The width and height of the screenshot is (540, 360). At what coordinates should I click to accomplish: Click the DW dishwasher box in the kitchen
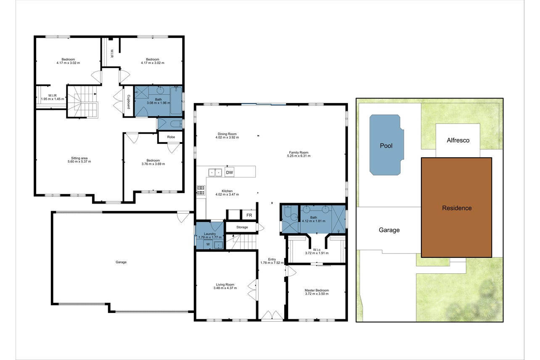(229, 172)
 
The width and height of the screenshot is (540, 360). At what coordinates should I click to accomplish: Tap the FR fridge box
(249, 215)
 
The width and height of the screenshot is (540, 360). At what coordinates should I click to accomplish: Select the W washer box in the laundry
(208, 244)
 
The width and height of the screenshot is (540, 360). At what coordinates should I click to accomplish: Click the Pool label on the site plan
(386, 146)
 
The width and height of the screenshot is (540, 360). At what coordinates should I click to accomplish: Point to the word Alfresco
(458, 140)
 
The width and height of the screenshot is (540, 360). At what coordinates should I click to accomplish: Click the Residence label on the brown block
(457, 208)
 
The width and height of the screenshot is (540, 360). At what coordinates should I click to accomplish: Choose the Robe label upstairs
(171, 137)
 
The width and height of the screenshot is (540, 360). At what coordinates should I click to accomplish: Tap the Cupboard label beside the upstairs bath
(129, 101)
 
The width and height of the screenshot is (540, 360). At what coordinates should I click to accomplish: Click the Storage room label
(242, 227)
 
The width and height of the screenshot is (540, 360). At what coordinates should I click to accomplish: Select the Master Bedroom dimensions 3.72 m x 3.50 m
(317, 294)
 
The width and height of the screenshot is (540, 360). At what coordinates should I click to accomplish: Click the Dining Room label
(227, 134)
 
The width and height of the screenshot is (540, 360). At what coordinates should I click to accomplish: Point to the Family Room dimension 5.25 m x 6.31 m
(299, 156)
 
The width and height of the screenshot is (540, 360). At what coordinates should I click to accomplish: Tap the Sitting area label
(79, 158)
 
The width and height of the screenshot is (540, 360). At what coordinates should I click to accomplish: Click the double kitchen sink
(215, 173)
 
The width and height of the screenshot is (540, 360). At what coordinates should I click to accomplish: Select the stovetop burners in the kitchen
(201, 190)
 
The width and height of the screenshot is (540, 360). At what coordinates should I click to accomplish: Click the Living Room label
(225, 285)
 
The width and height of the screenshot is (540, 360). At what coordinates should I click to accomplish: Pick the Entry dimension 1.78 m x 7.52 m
(272, 262)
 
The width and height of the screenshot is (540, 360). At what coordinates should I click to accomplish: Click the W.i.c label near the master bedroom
(317, 250)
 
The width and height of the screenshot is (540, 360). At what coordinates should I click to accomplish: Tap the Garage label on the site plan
(389, 230)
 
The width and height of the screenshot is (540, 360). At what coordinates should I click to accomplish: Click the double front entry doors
(272, 316)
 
